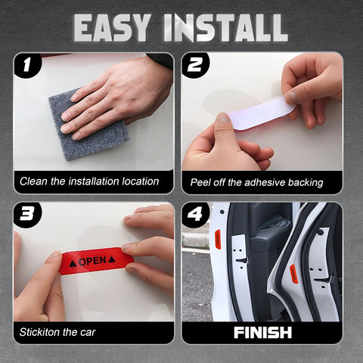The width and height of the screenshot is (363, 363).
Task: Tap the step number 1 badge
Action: [28, 66]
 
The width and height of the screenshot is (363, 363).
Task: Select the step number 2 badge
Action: [197, 66]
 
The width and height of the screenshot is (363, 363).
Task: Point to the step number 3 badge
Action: [28, 216]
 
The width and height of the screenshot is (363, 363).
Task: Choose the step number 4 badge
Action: [197, 216]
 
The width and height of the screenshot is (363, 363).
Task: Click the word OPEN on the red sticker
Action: [92, 260]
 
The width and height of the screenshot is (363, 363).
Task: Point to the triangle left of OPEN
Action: [73, 262]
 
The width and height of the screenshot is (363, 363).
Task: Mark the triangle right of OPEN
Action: [112, 259]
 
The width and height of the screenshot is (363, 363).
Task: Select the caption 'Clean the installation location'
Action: [89, 181]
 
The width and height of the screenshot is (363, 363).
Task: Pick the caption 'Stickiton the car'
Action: [57, 331]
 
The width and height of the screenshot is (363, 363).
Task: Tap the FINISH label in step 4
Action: [262, 331]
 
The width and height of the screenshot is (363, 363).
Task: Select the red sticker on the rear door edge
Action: [293, 274]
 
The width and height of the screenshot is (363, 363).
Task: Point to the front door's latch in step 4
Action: [240, 261]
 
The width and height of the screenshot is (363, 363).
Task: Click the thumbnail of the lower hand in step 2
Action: [223, 119]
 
